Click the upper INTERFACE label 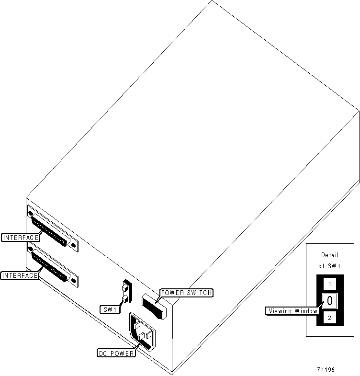[x=20, y=237]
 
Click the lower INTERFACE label [x=20, y=275]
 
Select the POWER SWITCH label [x=186, y=293]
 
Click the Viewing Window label [x=292, y=311]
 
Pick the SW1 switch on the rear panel [x=126, y=293]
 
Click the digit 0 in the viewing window [x=330, y=301]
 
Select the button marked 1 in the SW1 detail [x=330, y=284]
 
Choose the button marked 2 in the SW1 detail [x=330, y=318]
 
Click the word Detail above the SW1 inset [x=329, y=255]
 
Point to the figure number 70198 [x=326, y=370]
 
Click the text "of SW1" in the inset [x=329, y=265]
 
